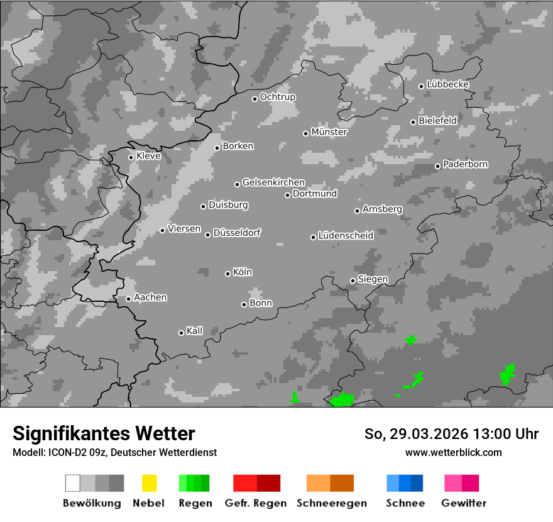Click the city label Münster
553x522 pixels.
pos(329,132)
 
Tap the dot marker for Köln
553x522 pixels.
pos(227,274)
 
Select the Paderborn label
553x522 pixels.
pos(465,164)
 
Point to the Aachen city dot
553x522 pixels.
pos(128,299)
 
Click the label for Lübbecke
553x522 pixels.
pos(447,84)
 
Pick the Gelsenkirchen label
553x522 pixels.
pos(273,182)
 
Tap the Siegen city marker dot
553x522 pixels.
pos(353,280)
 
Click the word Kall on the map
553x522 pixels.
pos(194,331)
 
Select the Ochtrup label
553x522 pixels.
pos(277,97)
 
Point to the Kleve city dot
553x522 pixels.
pos(131,157)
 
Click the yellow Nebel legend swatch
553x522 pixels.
pos(149,483)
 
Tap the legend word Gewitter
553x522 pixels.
pos(463,503)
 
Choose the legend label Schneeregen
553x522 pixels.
pos(331,503)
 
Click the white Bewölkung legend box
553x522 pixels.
pos(73,483)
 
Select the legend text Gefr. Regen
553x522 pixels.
pos(255,503)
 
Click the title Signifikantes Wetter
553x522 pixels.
pos(104,433)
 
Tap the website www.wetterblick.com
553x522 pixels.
pos(453,452)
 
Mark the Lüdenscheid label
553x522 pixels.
pos(346,235)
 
